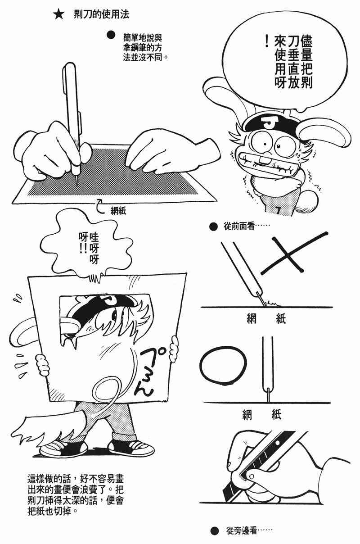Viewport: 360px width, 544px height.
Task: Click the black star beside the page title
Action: point(59,15)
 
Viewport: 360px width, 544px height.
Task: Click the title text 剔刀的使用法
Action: point(101,14)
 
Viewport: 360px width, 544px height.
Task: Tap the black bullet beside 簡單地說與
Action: point(111,35)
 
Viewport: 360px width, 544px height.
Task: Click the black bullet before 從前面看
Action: point(213,227)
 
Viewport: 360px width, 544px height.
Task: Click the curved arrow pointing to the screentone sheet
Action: point(101,205)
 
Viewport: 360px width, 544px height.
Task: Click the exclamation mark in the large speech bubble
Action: point(267,41)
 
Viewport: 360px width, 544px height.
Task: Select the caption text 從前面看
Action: point(238,227)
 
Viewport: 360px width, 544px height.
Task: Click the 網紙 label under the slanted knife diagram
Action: point(266,319)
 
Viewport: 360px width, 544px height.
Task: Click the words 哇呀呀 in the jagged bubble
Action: point(94,248)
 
